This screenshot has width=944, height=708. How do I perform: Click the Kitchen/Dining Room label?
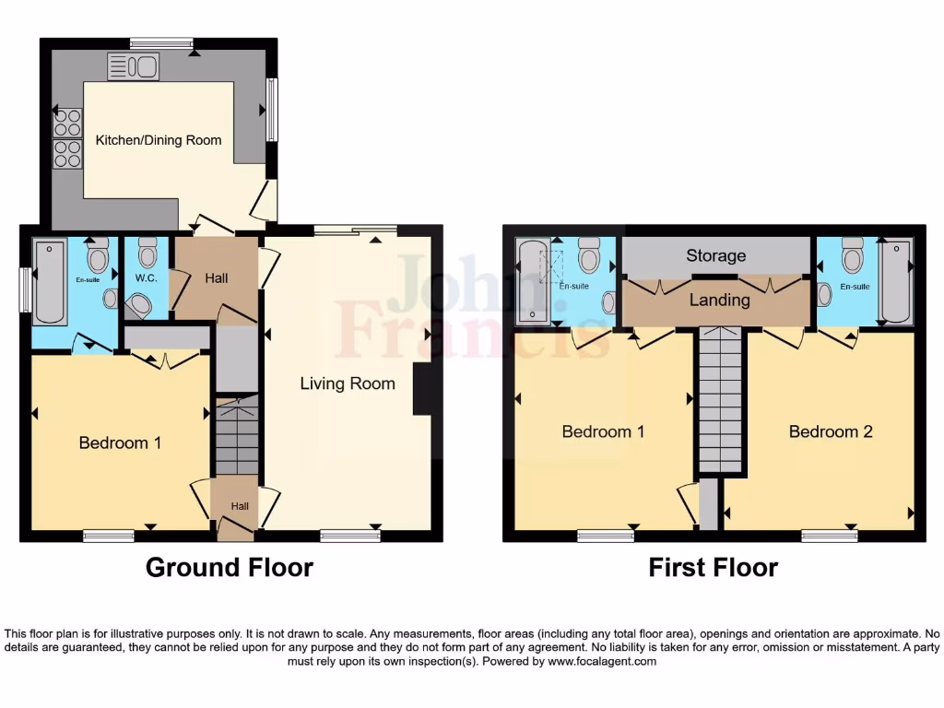pyautogui.click(x=159, y=140)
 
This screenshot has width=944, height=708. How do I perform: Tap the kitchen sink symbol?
pyautogui.click(x=134, y=66)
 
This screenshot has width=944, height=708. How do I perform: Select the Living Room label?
pyautogui.click(x=348, y=383)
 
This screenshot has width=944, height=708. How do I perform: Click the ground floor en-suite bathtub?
pyautogui.click(x=49, y=282)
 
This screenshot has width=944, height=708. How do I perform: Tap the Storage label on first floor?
pyautogui.click(x=715, y=255)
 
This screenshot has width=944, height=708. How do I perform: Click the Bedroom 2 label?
pyautogui.click(x=831, y=431)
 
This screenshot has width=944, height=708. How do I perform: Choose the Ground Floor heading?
pyautogui.click(x=229, y=567)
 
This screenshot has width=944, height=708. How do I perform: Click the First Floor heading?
pyautogui.click(x=713, y=567)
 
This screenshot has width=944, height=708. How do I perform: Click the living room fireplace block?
pyautogui.click(x=421, y=388)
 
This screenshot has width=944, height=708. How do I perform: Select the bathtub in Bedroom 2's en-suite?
pyautogui.click(x=895, y=281)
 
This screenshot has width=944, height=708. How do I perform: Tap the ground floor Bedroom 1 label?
pyautogui.click(x=120, y=442)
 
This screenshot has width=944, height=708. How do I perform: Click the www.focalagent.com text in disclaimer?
pyautogui.click(x=601, y=661)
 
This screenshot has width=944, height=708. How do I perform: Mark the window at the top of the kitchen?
pyautogui.click(x=161, y=42)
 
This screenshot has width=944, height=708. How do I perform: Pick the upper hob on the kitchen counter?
pyautogui.click(x=67, y=123)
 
